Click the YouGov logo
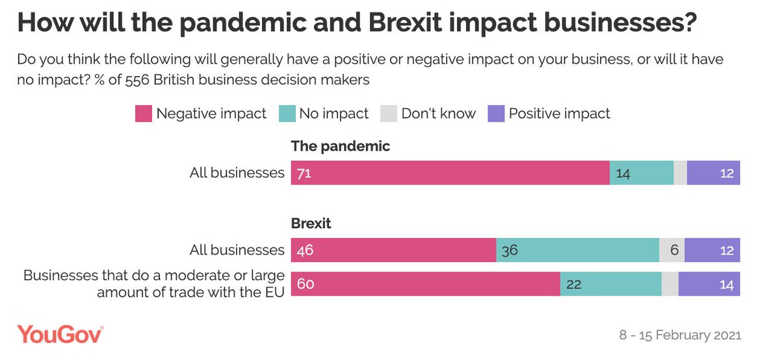pos(60,335)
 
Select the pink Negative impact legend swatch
pos(143,114)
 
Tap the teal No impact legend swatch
pos(287,114)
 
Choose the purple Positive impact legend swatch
pos(496,114)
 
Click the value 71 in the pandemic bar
pos(304,173)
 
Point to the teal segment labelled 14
pos(641,173)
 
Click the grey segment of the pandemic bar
pos(680,173)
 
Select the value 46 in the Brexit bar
pos(304,250)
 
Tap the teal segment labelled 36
pos(577,250)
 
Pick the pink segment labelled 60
pos(425,284)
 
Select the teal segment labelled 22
pos(610,284)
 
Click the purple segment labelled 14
pos(709,284)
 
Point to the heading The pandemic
pos(341,146)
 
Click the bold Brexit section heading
pos(311,224)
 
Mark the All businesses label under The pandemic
pos(237,173)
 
